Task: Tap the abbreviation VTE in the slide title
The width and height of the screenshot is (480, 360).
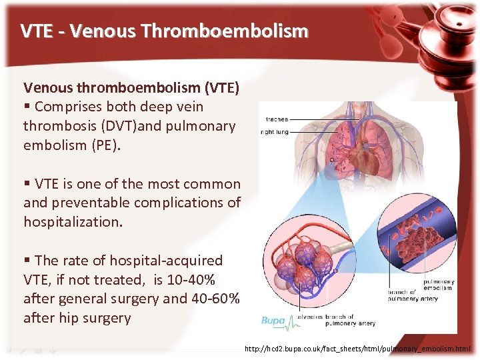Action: (x=35, y=31)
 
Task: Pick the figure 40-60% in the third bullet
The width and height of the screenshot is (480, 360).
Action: (x=215, y=298)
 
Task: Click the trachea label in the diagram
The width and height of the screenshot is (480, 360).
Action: (x=277, y=119)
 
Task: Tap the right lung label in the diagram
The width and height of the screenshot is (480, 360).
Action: (x=275, y=132)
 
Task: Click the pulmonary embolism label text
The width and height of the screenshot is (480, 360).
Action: (x=437, y=285)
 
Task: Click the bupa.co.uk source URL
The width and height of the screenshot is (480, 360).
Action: (x=357, y=349)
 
